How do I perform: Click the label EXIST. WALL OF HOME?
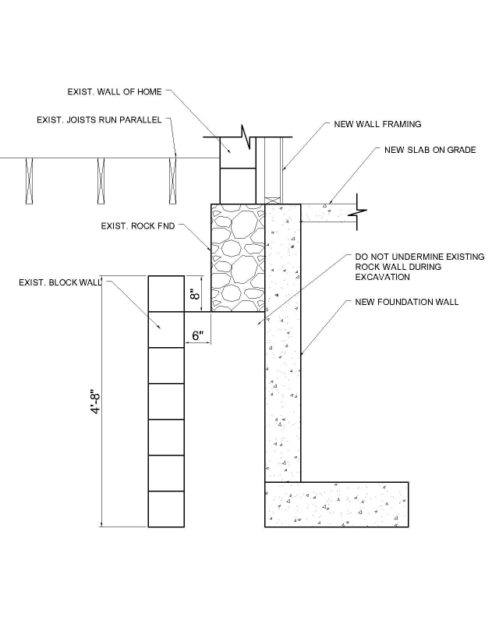[x=115, y=92]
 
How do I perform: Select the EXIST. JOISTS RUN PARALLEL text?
[x=98, y=120]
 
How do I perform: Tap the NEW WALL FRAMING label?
[x=377, y=124]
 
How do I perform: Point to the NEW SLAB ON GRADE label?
[x=430, y=150]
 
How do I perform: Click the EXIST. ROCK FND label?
[x=138, y=226]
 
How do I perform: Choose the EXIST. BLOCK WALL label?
[x=60, y=282]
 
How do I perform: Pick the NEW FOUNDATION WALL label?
[x=406, y=302]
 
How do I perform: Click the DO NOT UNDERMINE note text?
[x=419, y=266]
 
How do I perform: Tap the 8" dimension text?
[x=196, y=293]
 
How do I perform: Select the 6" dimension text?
[x=198, y=336]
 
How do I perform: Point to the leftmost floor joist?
[x=30, y=181]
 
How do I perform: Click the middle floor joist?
[x=102, y=181]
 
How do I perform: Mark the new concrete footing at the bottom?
[x=336, y=505]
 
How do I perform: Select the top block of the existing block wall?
[x=166, y=293]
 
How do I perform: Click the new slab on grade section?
[x=327, y=212]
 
